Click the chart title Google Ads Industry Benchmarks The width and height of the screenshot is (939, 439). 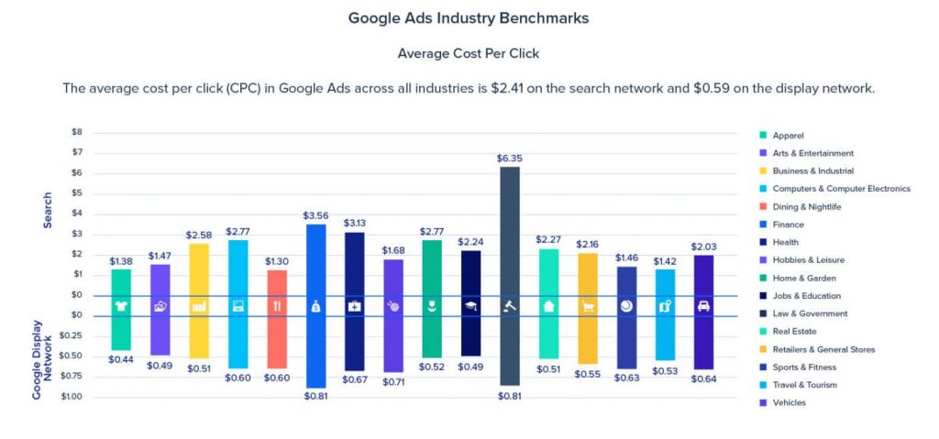(469, 18)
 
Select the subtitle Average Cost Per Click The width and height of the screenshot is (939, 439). (469, 53)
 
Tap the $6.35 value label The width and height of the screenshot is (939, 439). (510, 158)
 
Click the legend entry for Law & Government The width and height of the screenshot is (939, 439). (812, 313)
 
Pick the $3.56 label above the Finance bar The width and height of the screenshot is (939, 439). (315, 215)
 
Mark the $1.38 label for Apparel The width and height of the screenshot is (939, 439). (121, 260)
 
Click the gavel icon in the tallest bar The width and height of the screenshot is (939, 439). (510, 306)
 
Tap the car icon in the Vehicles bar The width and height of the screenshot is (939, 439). (703, 306)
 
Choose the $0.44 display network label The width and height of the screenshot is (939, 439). (121, 359)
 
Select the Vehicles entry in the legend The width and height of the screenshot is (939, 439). (790, 402)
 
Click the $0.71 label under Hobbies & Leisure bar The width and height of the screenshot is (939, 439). (393, 380)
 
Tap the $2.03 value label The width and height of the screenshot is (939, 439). (703, 247)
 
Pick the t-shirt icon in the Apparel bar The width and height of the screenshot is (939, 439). (121, 306)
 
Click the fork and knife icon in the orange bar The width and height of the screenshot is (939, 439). (277, 306)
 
